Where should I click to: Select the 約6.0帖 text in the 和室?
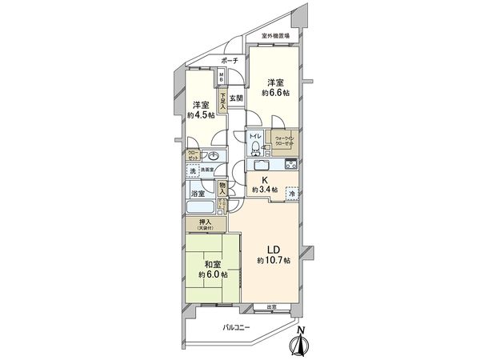[214, 274]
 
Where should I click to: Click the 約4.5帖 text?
[200, 114]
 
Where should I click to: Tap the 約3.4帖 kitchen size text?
[265, 190]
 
